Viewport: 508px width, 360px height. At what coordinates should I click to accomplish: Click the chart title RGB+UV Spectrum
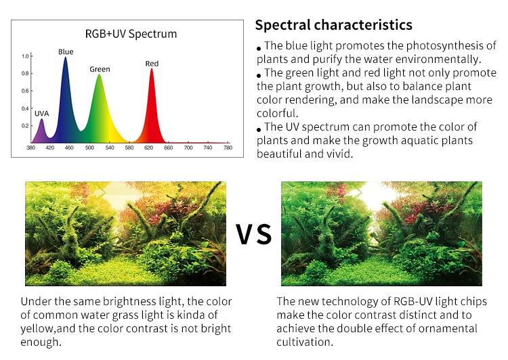tap(131, 34)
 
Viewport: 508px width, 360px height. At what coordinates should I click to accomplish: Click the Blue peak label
tap(66, 52)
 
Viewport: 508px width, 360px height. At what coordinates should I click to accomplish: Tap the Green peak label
tap(100, 69)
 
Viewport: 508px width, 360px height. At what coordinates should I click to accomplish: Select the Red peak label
tap(152, 64)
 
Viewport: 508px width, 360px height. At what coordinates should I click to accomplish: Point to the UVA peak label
tap(41, 114)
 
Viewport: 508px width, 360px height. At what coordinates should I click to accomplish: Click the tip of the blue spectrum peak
tap(66, 58)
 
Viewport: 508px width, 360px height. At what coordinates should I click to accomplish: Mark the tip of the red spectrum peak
tap(152, 68)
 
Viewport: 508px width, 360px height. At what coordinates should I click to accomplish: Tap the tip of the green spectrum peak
tap(100, 75)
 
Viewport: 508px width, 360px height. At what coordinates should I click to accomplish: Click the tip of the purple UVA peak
tap(41, 119)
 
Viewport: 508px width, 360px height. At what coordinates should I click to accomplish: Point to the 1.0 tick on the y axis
tap(26, 56)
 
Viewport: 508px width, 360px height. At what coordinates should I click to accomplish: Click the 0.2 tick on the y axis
tap(26, 126)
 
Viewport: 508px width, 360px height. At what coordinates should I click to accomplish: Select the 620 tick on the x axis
tap(149, 148)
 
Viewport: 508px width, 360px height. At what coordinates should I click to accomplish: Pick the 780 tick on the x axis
tap(228, 148)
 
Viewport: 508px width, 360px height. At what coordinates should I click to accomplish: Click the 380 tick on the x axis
tap(30, 148)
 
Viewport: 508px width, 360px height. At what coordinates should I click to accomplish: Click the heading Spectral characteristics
tap(334, 25)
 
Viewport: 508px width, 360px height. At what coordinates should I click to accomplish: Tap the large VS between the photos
tap(254, 234)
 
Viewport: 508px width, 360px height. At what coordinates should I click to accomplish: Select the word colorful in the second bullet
tap(277, 113)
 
